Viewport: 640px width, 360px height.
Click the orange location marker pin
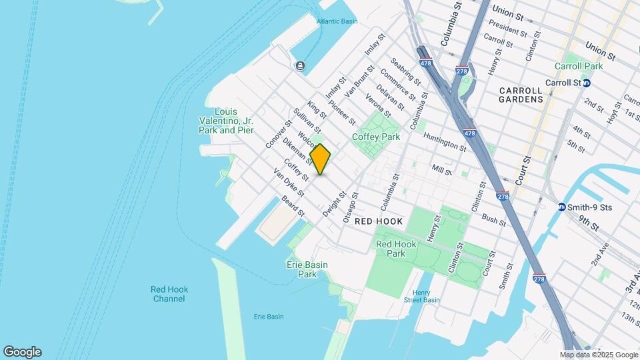pos(321,159)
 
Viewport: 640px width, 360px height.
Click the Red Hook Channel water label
pos(169,294)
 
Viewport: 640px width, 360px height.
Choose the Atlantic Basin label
pos(337,21)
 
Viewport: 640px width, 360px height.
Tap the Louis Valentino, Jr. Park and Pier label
pos(227,121)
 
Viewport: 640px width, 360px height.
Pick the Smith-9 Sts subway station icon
pos(562,207)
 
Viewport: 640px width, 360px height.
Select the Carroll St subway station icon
pos(587,83)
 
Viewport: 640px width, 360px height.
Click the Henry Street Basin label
pos(421,297)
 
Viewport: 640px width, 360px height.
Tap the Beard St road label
pos(293,207)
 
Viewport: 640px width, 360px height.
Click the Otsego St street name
pos(351,208)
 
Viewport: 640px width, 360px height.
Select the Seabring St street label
pos(407,71)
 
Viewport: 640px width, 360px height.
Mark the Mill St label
pos(442,170)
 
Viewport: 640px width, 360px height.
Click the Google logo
pos(22,352)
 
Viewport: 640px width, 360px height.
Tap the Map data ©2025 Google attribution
pos(599,355)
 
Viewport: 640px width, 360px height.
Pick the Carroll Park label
pos(579,66)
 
